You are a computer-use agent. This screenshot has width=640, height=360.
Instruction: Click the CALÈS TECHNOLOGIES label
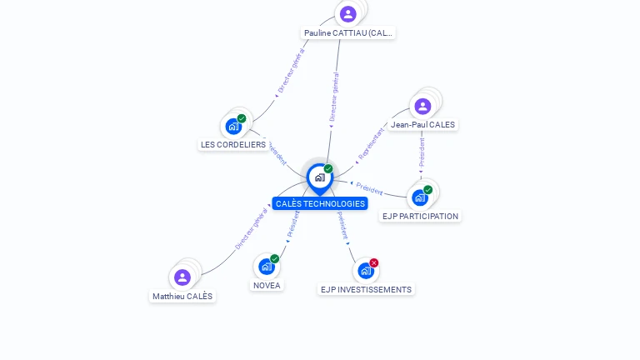(320, 203)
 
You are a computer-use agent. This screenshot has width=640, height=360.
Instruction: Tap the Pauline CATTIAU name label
(347, 33)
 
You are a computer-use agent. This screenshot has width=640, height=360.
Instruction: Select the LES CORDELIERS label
(233, 144)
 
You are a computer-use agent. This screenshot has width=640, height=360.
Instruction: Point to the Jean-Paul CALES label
(422, 124)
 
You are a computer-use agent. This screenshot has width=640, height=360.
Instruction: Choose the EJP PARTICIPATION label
(420, 216)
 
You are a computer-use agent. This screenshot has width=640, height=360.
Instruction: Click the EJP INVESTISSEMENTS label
(366, 289)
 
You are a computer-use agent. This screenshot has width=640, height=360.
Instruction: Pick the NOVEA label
(267, 285)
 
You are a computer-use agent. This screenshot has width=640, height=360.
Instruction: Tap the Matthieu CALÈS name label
(182, 296)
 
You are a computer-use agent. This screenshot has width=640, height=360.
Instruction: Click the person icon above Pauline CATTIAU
(347, 14)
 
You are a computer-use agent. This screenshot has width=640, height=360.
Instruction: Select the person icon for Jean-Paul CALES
(422, 106)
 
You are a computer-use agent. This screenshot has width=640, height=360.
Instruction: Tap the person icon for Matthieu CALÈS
(182, 277)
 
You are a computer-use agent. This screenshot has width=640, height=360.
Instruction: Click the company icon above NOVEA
(266, 267)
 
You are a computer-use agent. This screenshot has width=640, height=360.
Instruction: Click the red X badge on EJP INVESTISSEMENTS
(374, 262)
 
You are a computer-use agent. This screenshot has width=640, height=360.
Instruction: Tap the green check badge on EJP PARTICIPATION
(428, 189)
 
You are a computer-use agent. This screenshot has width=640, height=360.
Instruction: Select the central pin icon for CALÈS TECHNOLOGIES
(319, 177)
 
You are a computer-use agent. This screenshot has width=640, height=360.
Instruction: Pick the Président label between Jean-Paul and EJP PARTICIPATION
(422, 154)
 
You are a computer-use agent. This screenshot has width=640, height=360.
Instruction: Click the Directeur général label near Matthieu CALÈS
(250, 227)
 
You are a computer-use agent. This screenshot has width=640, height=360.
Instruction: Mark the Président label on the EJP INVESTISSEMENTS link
(342, 226)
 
